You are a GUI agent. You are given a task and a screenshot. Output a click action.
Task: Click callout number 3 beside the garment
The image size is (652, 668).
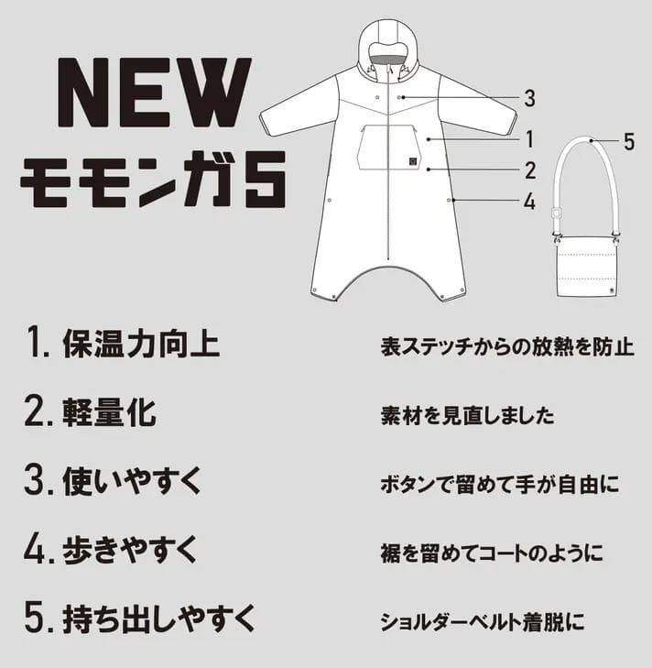click(529, 98)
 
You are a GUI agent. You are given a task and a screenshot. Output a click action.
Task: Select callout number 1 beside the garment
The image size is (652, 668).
click(529, 139)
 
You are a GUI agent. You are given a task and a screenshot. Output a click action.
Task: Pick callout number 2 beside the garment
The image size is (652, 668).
click(529, 170)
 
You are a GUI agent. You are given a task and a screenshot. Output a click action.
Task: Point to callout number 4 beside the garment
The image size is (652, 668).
click(529, 202)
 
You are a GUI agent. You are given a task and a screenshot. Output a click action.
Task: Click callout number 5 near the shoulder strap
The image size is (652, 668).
click(628, 141)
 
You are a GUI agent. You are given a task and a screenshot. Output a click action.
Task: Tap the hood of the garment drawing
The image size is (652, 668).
click(390, 46)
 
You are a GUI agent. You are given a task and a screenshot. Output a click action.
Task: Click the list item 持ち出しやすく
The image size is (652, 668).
click(141, 619)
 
